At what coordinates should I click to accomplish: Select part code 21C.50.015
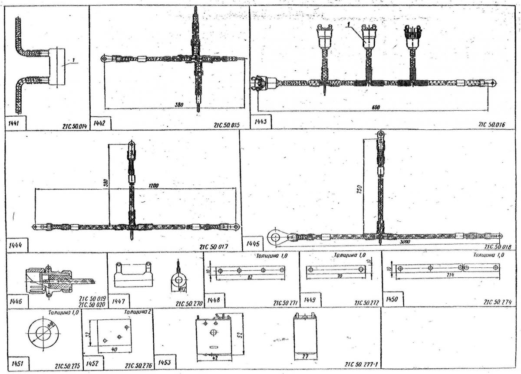pos(227,125)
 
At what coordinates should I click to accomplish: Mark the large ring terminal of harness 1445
pos(276,236)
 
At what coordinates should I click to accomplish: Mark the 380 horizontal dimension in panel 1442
pos(175,105)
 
